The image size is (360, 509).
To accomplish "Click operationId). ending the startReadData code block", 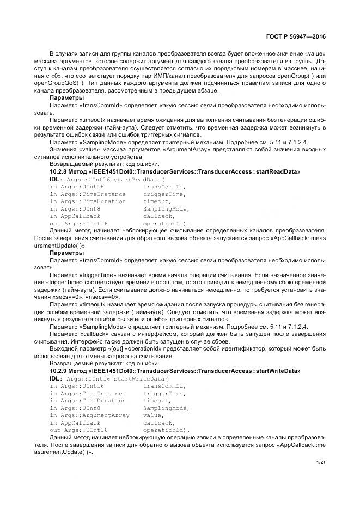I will coord(167,224).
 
